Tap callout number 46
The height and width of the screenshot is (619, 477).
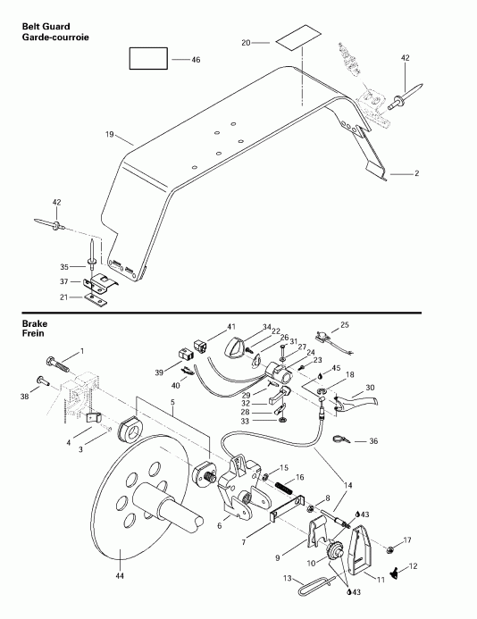[x=197, y=59]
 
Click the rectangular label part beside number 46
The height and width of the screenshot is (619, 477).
[x=148, y=59]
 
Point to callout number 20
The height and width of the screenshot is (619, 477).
[x=247, y=42]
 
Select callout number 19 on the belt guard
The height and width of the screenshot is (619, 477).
[x=110, y=134]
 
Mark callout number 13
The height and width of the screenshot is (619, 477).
[x=288, y=578]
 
